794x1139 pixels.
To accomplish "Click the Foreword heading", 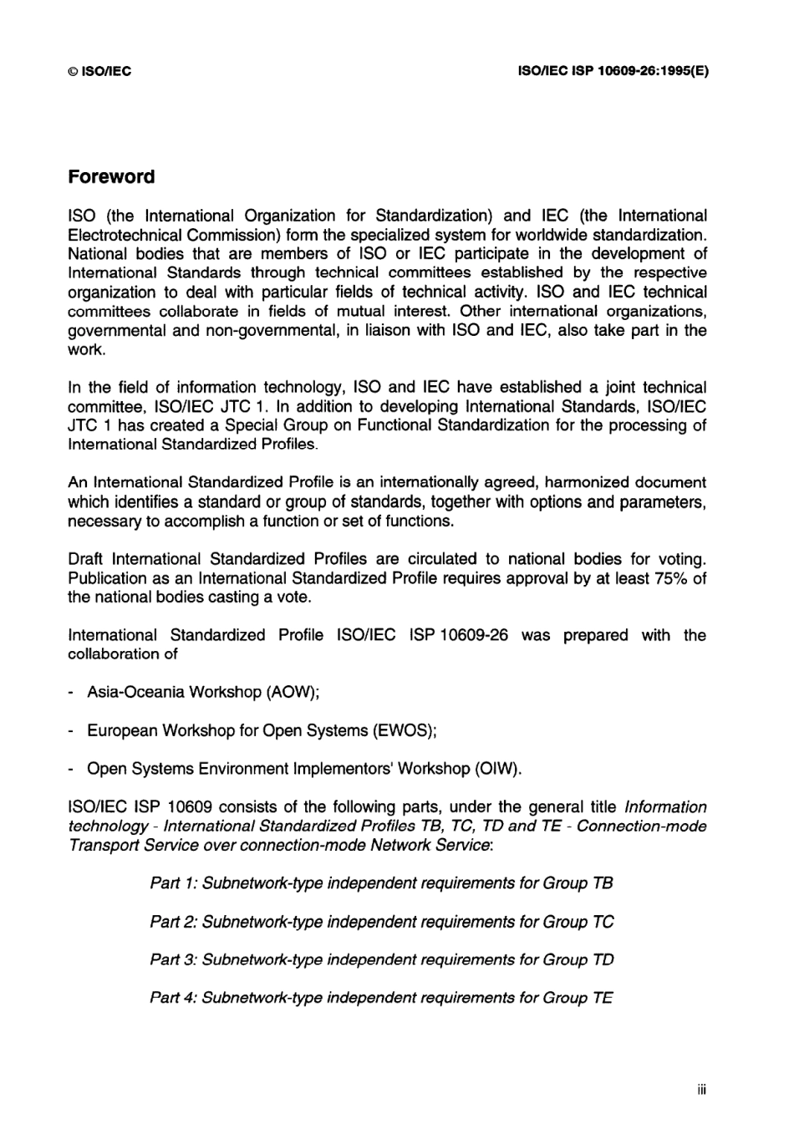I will tap(111, 177).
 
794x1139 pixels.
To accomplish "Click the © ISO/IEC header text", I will tap(99, 72).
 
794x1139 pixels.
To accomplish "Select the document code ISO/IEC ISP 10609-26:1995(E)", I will tap(613, 72).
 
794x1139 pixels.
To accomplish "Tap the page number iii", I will tap(701, 1090).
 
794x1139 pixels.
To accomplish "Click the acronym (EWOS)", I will tap(407, 731).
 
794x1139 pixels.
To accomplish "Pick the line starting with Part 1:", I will tap(381, 883).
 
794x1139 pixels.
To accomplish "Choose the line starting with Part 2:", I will tap(381, 922).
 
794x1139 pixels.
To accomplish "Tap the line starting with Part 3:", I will tap(381, 960).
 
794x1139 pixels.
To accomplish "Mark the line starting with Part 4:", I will tap(381, 998).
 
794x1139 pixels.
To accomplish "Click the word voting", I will tap(679, 559).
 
